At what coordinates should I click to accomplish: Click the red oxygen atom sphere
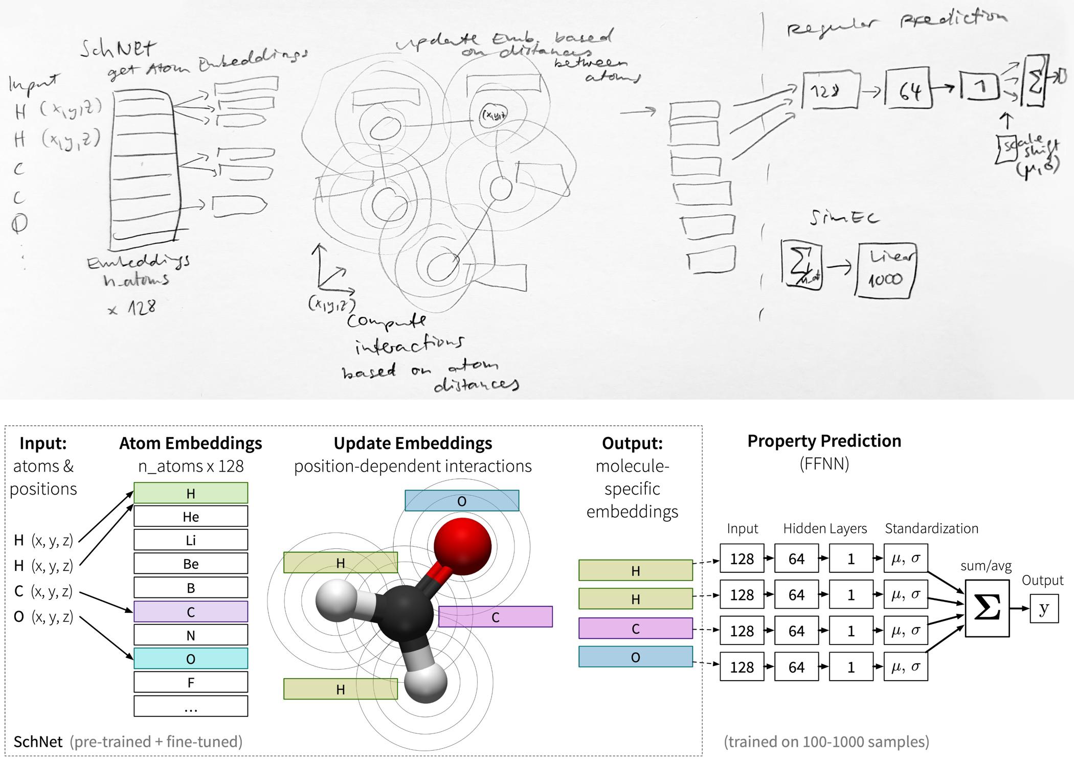(x=462, y=546)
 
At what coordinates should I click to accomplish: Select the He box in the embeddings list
(x=191, y=516)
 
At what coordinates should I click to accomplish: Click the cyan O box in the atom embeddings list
(x=191, y=659)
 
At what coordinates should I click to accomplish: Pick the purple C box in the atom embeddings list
(x=191, y=612)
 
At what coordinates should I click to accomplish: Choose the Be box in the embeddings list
(x=191, y=564)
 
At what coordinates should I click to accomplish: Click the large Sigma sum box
(x=987, y=608)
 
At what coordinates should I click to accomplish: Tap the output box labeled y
(x=1044, y=608)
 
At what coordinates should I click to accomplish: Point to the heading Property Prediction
(x=824, y=441)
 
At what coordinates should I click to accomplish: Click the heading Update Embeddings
(x=413, y=443)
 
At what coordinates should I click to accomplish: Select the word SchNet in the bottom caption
(x=38, y=742)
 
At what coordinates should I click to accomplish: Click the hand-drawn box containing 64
(x=907, y=89)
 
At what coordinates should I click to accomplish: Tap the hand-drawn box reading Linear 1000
(x=886, y=269)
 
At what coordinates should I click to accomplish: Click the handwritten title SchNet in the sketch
(x=118, y=49)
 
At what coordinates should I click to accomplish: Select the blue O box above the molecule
(x=462, y=501)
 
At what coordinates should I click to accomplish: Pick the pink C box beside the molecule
(x=495, y=617)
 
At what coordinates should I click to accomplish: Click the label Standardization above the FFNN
(x=931, y=528)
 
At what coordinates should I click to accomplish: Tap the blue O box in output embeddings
(x=635, y=657)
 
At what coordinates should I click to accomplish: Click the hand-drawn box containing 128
(x=830, y=91)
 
